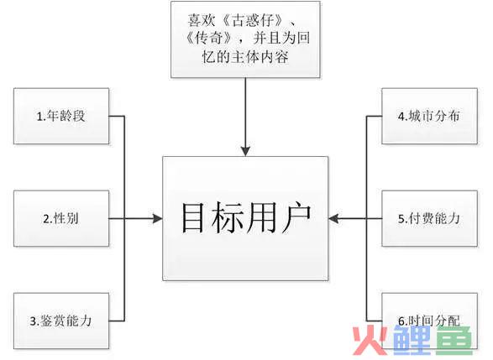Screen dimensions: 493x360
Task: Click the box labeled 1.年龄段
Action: pos(61,117)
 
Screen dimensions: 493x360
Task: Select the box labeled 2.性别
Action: pos(61,218)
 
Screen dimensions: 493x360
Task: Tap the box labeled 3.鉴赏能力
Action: pos(61,321)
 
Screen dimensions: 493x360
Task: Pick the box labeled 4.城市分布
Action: pos(429,117)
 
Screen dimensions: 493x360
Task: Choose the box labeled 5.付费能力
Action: pos(429,218)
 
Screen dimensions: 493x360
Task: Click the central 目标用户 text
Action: pos(246,217)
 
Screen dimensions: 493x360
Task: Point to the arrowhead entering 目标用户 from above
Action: pos(245,151)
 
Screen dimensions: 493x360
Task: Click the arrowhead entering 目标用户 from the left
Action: pos(157,218)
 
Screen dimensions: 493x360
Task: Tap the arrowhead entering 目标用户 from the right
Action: pos(333,218)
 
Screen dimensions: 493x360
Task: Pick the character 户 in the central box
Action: pos(296,217)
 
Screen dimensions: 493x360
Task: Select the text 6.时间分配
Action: pos(429,321)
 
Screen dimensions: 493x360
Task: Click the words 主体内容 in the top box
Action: pos(260,57)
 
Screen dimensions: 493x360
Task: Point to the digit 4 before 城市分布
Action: pos(401,117)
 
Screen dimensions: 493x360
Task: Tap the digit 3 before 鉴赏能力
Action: pos(33,321)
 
